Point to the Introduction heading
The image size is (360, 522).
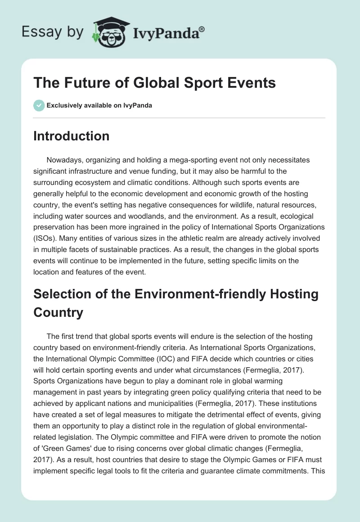[x=71, y=136]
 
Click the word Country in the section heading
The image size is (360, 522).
[x=58, y=312]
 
